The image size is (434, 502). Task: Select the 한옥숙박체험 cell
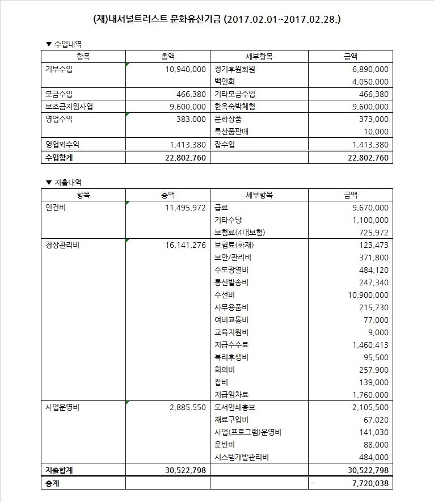(235, 107)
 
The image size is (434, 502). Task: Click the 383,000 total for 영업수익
(191, 119)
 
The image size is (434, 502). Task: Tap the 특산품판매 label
(232, 132)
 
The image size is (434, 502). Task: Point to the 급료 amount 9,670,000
(367, 208)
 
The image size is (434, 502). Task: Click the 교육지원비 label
(232, 332)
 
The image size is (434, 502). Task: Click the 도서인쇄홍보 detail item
(235, 407)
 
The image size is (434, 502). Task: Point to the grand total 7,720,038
(367, 483)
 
